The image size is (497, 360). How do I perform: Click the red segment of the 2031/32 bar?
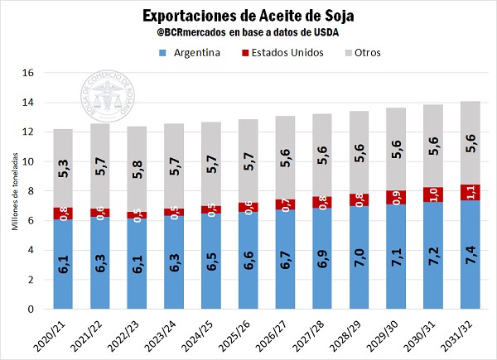point(468,192)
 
